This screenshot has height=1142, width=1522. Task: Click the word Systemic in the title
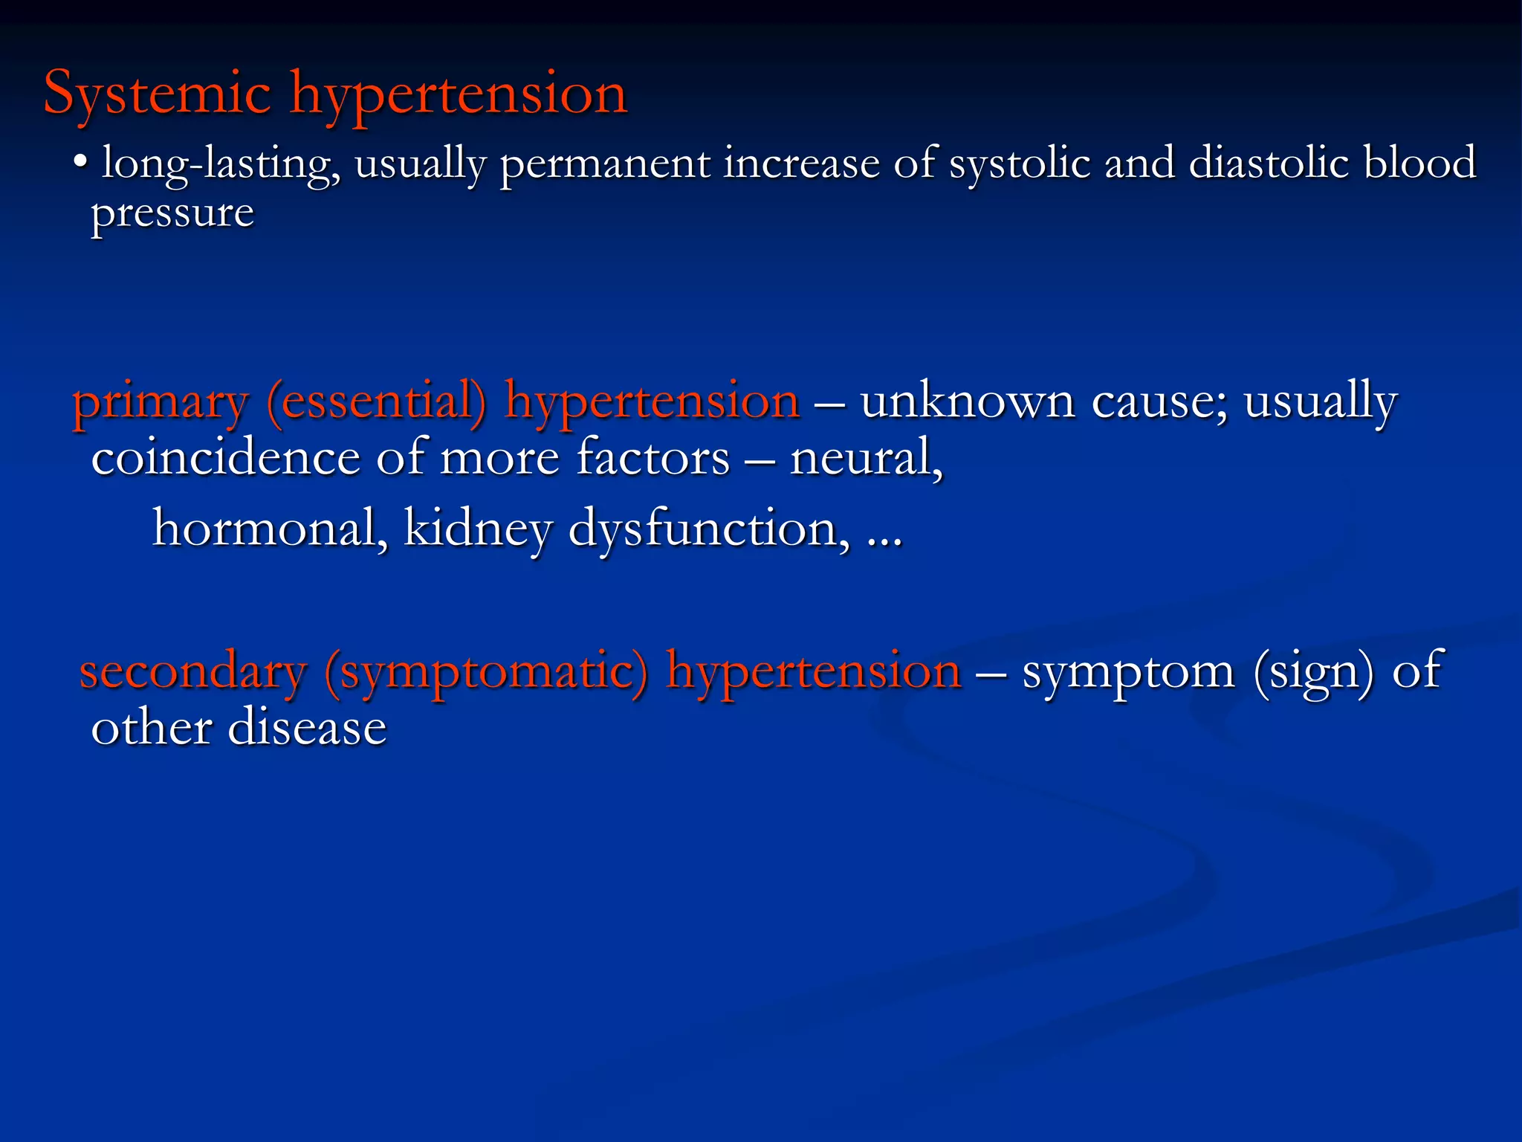pos(158,94)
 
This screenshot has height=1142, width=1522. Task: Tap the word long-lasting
pos(220,164)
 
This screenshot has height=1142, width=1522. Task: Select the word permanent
pos(604,164)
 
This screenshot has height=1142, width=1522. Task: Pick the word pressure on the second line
pos(172,214)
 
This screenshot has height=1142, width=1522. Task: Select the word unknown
pos(968,401)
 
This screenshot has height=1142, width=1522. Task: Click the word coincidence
pos(225,458)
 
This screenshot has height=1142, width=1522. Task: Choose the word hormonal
pos(270,529)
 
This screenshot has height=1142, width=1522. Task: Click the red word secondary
pos(193,671)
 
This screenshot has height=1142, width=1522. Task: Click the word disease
pos(307,728)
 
